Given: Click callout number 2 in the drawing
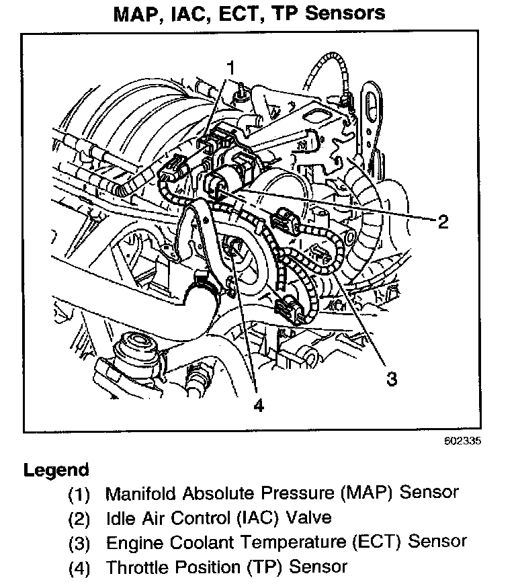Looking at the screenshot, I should [x=441, y=222].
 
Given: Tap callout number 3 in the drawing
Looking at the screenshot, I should [x=391, y=379].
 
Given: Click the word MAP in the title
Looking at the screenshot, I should [x=159, y=13].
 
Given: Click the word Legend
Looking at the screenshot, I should [x=56, y=470].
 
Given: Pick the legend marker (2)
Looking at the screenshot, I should [x=79, y=519].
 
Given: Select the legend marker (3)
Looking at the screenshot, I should [x=79, y=542].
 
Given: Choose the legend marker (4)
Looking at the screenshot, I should [x=79, y=567].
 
